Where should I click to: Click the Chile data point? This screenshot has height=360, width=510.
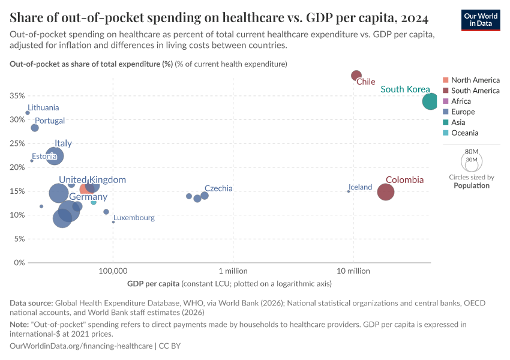point(356,75)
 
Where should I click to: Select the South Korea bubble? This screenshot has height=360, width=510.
point(430,101)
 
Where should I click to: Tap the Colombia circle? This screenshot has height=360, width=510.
point(386,192)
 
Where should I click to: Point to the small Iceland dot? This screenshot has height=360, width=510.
point(349,191)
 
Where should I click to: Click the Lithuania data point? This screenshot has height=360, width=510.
point(28,113)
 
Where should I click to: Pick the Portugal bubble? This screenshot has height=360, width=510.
point(35,128)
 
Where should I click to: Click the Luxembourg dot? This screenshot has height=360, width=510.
point(113,222)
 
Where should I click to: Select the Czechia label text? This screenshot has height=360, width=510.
point(218,188)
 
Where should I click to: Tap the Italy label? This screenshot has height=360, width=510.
point(63,143)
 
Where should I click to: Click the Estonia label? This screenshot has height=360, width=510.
point(45,157)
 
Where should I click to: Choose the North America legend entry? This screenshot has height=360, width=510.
point(475,80)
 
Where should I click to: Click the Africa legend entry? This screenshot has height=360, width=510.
point(461,101)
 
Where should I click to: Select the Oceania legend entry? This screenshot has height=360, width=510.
point(464,133)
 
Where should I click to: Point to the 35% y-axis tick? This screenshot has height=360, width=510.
point(17,96)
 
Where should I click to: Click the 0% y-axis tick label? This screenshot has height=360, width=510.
point(19,263)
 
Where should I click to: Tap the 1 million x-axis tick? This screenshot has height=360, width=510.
point(229,271)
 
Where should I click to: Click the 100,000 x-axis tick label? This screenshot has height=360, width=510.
point(113,271)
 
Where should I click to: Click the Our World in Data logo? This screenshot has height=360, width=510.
point(482,19)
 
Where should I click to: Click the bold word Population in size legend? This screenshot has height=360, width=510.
point(472,186)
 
